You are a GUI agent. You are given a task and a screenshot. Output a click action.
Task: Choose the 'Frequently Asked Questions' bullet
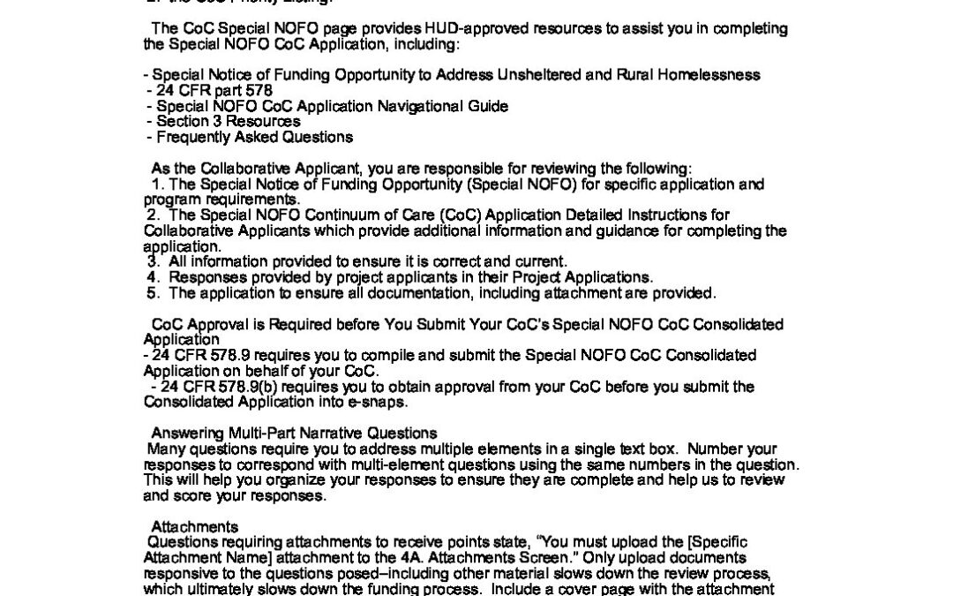(254, 137)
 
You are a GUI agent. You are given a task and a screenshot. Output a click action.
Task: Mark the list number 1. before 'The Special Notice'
(158, 185)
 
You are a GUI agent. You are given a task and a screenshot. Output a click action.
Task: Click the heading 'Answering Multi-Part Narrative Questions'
(294, 433)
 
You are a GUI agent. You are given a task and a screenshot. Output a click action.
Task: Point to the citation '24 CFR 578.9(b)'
(212, 387)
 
